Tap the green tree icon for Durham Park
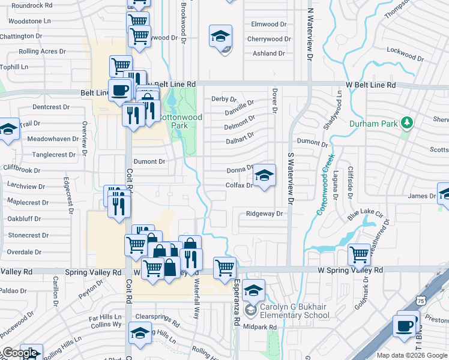(x=408, y=123)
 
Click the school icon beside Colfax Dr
(x=264, y=176)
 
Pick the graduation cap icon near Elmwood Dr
(x=220, y=36)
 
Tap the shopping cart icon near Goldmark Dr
(x=359, y=254)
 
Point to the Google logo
(x=20, y=353)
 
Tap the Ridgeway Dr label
(x=264, y=214)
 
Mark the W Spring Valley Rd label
(x=350, y=271)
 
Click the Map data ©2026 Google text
(x=411, y=355)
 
